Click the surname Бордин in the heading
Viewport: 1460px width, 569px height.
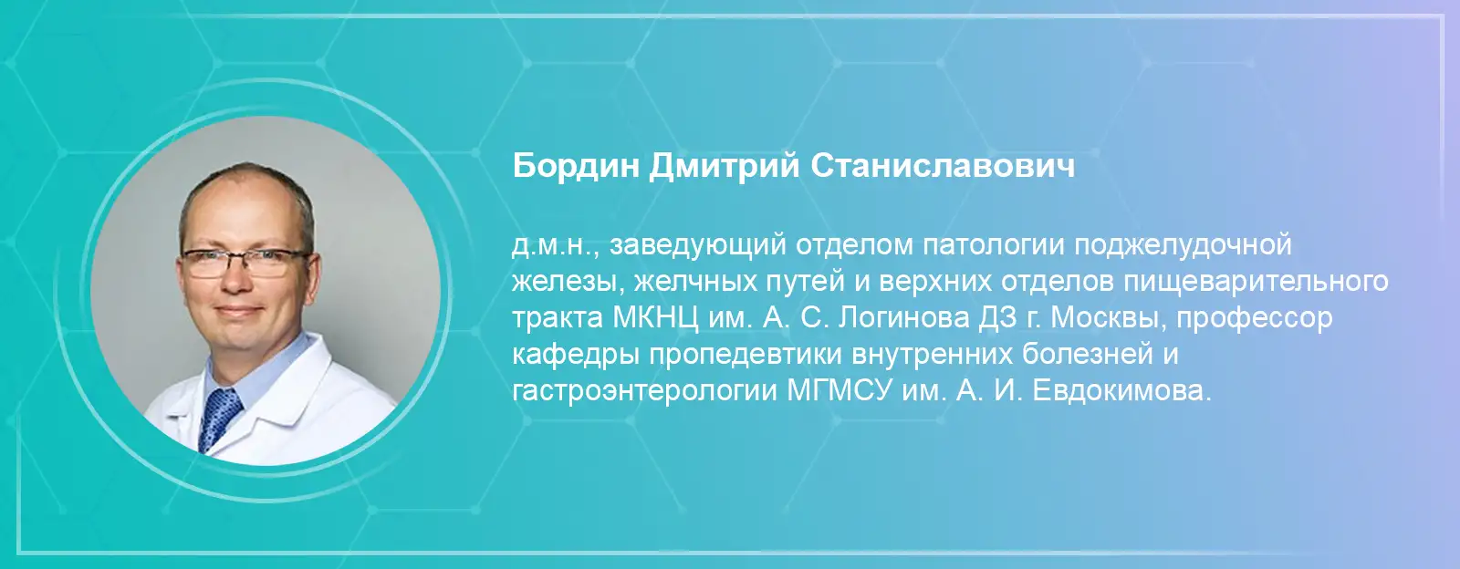tap(576, 167)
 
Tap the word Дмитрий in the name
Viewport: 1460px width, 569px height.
tap(725, 168)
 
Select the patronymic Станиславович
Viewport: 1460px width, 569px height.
tap(943, 167)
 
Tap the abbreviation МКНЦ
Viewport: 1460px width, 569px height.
tap(655, 318)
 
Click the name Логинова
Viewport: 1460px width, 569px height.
tap(903, 318)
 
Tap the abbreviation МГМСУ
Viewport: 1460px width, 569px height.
tap(839, 392)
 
